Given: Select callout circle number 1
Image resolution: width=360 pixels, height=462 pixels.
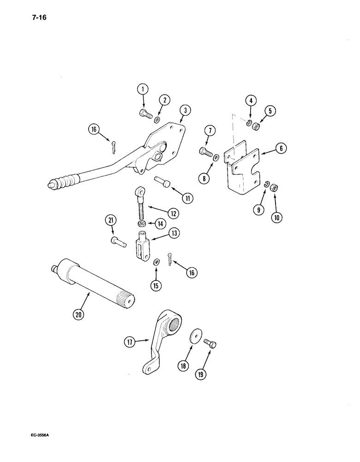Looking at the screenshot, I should pos(143,90).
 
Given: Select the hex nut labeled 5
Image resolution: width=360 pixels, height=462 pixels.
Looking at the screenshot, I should pos(257,125).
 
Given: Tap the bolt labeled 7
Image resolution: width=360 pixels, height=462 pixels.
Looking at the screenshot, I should pos(205,151).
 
